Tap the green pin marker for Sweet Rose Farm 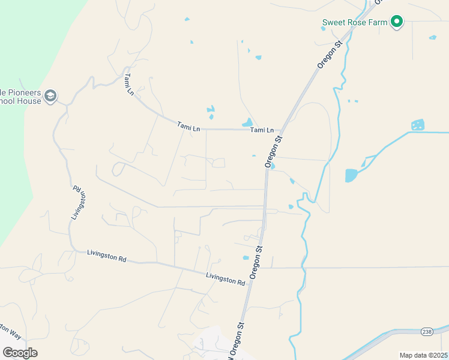click(396, 22)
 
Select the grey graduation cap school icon click(50, 96)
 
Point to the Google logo click(20, 352)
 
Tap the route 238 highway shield click(427, 331)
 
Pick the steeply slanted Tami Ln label click(129, 84)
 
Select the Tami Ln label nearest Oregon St click(262, 130)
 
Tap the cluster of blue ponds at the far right click(418, 125)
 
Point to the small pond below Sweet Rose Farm click(432, 38)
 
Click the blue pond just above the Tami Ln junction click(247, 122)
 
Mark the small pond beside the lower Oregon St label click(246, 258)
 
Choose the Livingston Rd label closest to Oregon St click(225, 279)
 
